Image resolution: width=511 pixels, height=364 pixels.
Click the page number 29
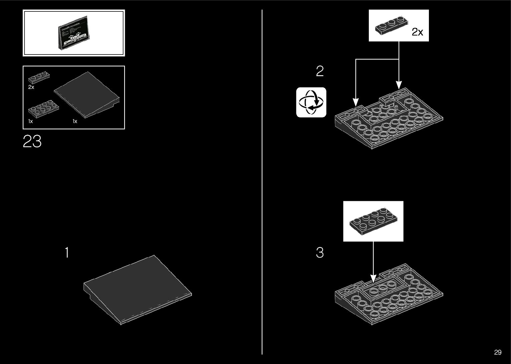click(498, 352)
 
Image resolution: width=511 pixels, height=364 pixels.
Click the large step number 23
click(32, 142)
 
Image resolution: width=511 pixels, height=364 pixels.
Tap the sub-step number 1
click(67, 253)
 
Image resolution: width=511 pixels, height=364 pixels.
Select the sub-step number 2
click(320, 71)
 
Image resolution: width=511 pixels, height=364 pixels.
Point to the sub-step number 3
click(320, 253)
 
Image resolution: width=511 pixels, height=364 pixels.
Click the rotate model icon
click(311, 102)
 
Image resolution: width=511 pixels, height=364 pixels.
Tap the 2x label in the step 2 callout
click(417, 32)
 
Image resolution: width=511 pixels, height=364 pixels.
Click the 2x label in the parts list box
click(31, 87)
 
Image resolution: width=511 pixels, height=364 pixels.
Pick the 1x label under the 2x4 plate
click(31, 121)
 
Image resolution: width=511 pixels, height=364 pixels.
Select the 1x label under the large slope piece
click(75, 121)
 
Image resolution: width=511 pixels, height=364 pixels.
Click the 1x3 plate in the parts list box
click(39, 77)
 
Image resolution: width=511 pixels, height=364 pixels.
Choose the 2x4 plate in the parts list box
click(44, 108)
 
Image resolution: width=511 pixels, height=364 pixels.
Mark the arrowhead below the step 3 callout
click(373, 278)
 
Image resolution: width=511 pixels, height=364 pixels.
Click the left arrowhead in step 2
click(356, 102)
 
